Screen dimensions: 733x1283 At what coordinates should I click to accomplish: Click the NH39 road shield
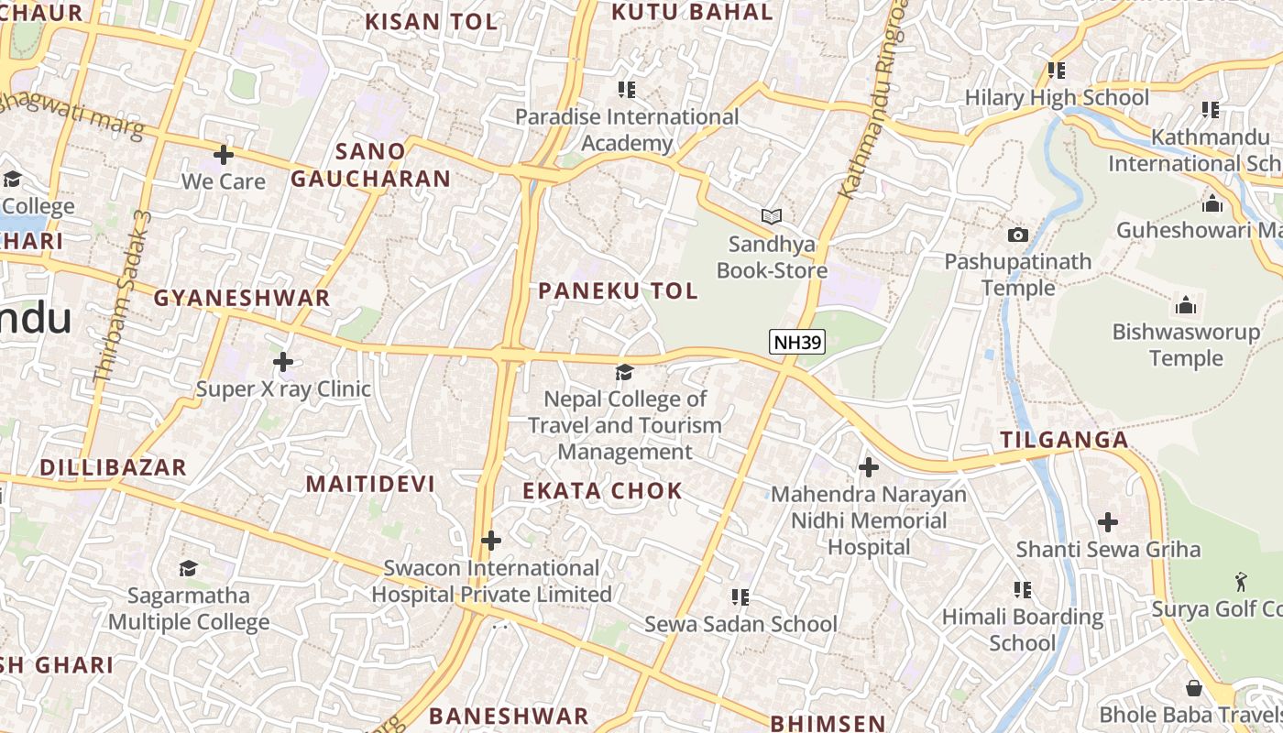click(797, 343)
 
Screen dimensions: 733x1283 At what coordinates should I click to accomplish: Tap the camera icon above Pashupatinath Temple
click(1017, 235)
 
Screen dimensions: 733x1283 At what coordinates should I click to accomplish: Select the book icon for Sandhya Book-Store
click(772, 217)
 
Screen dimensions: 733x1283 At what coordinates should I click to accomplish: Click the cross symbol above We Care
click(223, 154)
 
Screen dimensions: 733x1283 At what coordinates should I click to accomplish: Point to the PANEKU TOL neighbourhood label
click(618, 291)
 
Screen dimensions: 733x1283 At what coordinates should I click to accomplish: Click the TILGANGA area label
click(1064, 440)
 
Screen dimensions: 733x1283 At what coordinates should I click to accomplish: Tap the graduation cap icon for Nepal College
click(624, 372)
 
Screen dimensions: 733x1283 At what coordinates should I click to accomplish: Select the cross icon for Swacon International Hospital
click(491, 541)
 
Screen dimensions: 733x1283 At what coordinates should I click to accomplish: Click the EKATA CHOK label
click(602, 491)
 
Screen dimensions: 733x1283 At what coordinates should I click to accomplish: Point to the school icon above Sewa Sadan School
click(740, 597)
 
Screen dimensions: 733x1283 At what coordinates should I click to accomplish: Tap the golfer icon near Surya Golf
click(1241, 582)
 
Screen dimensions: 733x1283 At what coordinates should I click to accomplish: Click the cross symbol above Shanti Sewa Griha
click(1108, 522)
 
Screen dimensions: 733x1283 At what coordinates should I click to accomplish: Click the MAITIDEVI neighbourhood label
click(370, 484)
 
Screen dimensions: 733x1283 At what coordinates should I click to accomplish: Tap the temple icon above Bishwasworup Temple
click(1186, 304)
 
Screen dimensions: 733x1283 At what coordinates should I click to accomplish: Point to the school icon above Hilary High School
click(1057, 70)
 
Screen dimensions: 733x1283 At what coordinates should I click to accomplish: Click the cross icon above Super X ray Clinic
click(283, 362)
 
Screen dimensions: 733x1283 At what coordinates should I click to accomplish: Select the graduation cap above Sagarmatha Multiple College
click(189, 568)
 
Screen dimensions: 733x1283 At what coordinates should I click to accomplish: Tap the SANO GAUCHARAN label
click(371, 165)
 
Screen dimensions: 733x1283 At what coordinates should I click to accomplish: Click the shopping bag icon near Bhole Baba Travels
click(1194, 687)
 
